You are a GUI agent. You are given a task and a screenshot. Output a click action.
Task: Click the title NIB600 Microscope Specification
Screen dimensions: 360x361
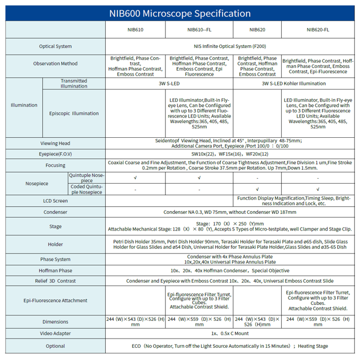click(180, 13)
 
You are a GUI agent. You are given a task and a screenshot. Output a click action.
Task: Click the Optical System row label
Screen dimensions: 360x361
click(55, 46)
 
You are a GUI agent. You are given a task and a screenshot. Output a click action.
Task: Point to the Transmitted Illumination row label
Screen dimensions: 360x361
click(74, 83)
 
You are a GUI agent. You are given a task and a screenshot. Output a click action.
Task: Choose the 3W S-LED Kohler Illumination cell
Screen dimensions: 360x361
click(293, 83)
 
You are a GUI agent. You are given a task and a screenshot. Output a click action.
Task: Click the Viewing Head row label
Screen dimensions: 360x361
click(55, 143)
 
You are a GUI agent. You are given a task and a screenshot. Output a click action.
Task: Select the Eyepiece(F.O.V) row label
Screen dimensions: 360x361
click(55, 154)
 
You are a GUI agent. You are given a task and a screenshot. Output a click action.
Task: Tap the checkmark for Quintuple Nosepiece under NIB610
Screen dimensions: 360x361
click(135, 178)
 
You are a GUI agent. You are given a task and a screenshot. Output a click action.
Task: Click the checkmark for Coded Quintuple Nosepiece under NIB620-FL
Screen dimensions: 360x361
click(317, 189)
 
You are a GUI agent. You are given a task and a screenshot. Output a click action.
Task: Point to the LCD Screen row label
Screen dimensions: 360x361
click(55, 201)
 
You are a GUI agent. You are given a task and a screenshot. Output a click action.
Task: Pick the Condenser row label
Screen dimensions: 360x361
click(55, 212)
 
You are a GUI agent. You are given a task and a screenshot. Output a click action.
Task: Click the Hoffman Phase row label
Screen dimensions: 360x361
click(55, 271)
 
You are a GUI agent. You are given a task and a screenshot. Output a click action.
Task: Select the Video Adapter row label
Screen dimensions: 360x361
click(55, 334)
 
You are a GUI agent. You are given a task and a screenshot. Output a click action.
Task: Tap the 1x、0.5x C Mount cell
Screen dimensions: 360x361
click(230, 334)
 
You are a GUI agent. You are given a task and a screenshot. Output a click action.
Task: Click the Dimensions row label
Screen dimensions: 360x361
click(55, 321)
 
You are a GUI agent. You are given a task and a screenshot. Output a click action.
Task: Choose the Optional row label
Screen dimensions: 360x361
click(55, 346)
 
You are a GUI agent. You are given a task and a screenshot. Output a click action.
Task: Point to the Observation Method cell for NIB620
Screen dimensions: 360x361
click(257, 66)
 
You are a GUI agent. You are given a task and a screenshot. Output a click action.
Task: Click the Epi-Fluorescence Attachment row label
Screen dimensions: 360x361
click(55, 300)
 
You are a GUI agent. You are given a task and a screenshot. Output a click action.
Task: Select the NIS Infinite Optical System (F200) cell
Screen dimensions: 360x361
click(230, 46)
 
